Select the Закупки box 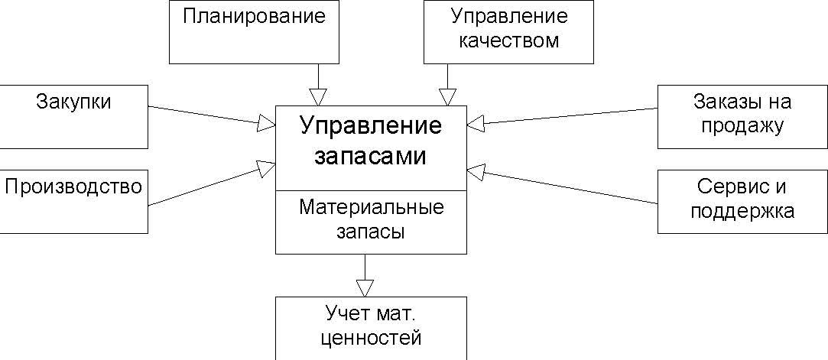point(73,116)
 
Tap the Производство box point(73,201)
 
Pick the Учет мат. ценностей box point(371,327)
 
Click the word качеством point(508,41)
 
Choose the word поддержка point(742,211)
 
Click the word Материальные point(372,207)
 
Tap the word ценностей point(371,336)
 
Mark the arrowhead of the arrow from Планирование point(318,96)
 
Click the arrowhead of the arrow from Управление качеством point(448,96)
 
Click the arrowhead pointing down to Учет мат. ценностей point(365,287)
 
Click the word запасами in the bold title point(371,156)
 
